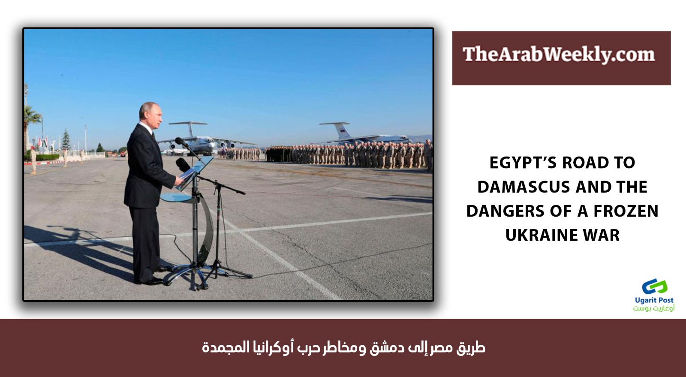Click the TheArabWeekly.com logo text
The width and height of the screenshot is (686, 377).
point(559,54)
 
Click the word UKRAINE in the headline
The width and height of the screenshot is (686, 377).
point(540,235)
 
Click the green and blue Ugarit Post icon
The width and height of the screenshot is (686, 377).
point(654,287)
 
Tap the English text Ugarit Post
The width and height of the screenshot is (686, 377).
point(654,300)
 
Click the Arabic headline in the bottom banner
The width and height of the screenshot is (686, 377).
point(343,347)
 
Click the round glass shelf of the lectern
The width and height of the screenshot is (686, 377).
point(180,198)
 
